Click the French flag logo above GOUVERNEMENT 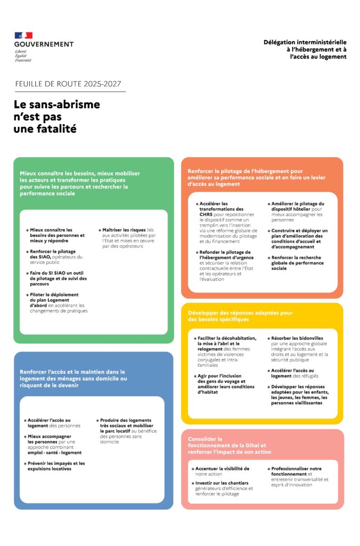point(24,35)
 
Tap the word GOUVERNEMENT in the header point(44,44)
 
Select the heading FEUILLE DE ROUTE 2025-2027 point(68,84)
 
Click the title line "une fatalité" point(45,129)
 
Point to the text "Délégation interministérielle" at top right point(305,42)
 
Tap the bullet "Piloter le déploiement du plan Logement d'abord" point(56,302)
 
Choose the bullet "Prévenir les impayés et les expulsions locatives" point(56,467)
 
